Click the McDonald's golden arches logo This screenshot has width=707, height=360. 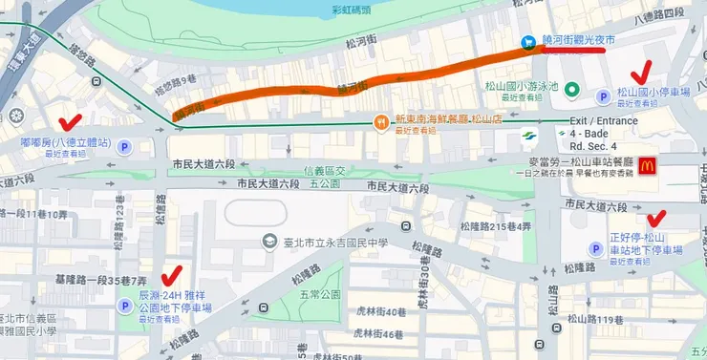pyautogui.click(x=647, y=165)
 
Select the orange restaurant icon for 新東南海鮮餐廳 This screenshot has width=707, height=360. pyautogui.click(x=380, y=121)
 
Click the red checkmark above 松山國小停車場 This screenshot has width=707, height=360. pyautogui.click(x=642, y=71)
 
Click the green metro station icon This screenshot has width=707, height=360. pyautogui.click(x=534, y=136)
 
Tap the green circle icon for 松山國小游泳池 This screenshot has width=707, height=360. pyautogui.click(x=571, y=90)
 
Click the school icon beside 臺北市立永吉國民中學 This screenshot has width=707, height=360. pyautogui.click(x=273, y=243)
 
